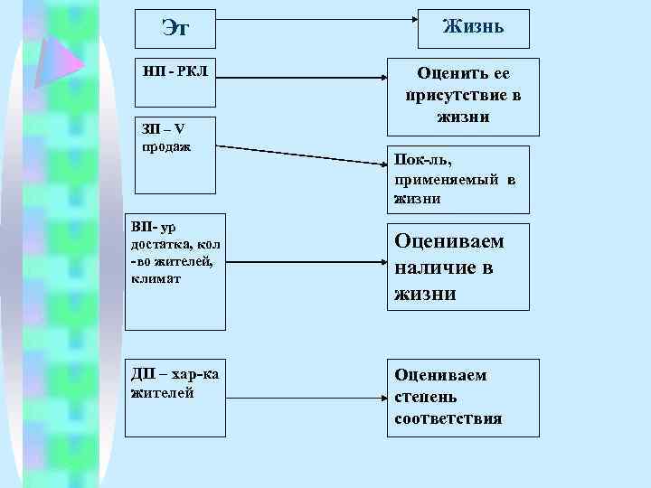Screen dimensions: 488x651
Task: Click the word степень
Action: [426, 397]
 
